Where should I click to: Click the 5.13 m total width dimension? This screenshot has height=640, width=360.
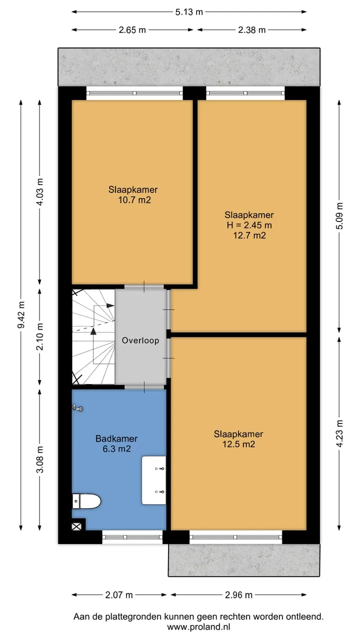coord(189,12)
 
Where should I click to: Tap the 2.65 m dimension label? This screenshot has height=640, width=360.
coord(132,29)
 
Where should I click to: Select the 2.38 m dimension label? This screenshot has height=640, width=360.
coord(251,29)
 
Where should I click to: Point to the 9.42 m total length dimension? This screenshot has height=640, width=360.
coord(21,314)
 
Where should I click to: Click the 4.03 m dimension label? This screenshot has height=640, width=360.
coord(40,191)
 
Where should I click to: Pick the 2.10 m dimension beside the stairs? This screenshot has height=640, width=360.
coord(40,336)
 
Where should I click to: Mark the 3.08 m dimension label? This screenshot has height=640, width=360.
coord(40,459)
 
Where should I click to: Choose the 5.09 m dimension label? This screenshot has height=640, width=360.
coord(339,215)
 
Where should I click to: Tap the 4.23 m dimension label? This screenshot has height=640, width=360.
coord(339,433)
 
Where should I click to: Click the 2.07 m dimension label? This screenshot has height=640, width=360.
coord(119,595)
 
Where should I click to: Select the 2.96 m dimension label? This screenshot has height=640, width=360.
coord(238,595)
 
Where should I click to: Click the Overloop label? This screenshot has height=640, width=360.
coord(140,340)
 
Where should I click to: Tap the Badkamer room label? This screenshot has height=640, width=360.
coord(116,438)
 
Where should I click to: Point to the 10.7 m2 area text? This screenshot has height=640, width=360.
coord(134,200)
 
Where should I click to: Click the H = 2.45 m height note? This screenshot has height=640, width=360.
coord(249,225)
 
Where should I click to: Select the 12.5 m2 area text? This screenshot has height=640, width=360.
coord(238,444)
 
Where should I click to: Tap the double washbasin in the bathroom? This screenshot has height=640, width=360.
coord(154,480)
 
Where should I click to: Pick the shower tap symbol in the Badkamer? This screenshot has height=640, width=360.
coord(77,408)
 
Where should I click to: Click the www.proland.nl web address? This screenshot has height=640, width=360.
coord(198,627)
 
